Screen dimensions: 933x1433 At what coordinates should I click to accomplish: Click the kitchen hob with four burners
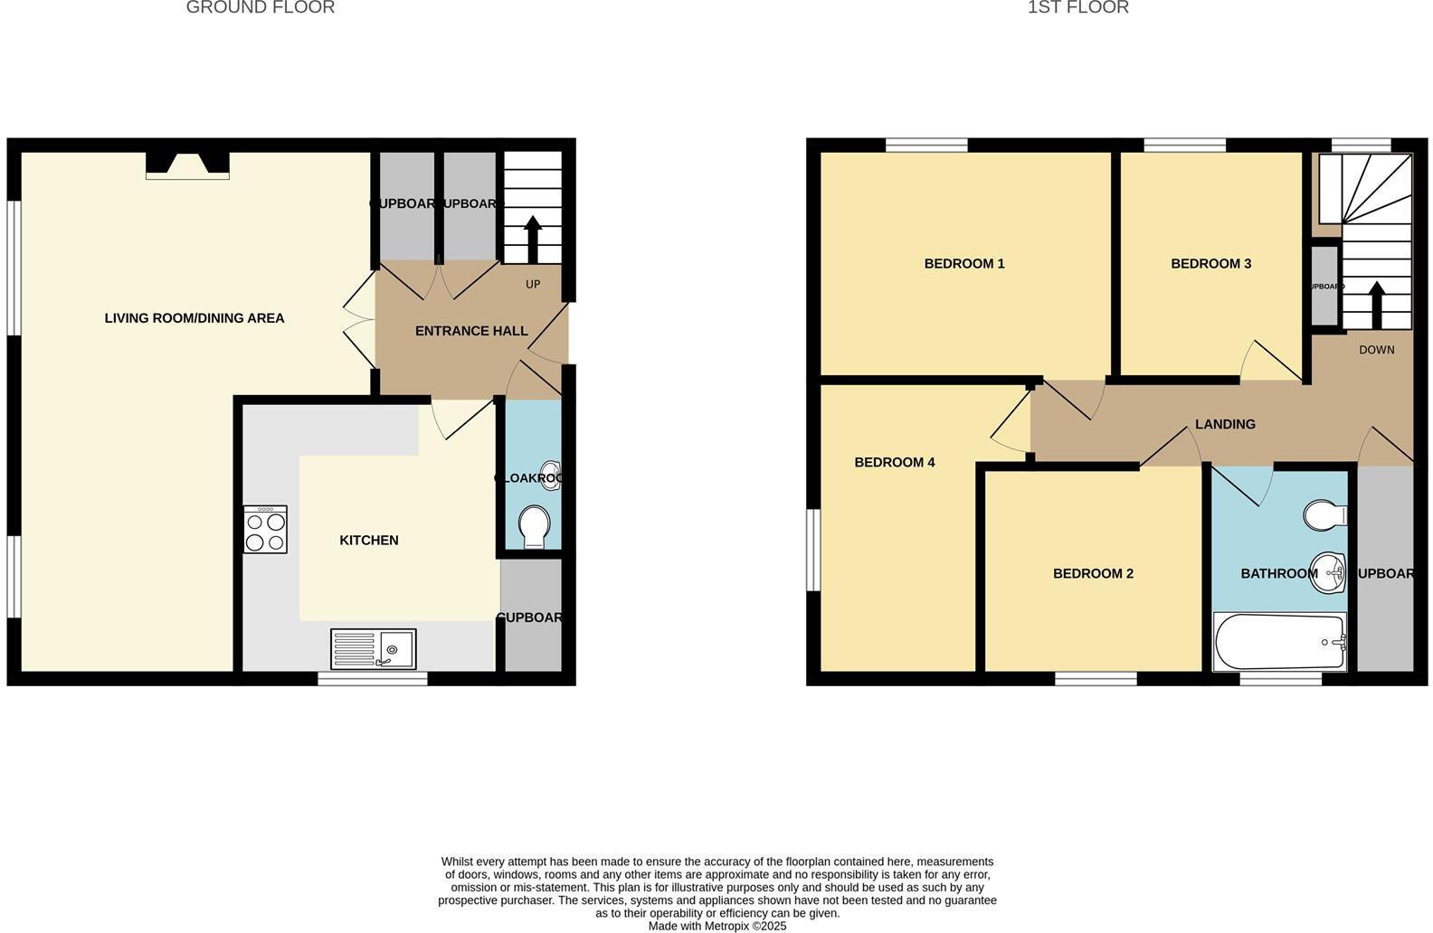coord(265,530)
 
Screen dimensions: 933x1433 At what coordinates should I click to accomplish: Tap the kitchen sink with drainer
coord(374,648)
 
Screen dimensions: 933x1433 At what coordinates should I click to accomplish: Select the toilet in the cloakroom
coord(536,526)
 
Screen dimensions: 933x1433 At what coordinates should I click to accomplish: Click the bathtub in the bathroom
coord(1279,642)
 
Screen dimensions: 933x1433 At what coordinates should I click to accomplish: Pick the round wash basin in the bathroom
coord(1328,572)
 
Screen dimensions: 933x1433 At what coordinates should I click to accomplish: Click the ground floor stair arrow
coord(533,239)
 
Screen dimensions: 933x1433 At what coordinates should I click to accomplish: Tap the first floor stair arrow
coord(1377,305)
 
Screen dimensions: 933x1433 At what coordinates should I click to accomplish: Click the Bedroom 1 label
coord(964,264)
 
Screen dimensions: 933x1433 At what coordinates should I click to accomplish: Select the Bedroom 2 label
coord(1093,574)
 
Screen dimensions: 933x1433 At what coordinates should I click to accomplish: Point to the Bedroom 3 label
coord(1210,264)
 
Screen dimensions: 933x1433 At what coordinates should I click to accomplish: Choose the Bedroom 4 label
coord(895,463)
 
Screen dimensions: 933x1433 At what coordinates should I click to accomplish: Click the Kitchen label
coord(369,541)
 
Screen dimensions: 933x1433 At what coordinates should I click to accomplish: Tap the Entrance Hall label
coord(471,332)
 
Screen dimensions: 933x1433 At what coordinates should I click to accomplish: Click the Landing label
coord(1225,424)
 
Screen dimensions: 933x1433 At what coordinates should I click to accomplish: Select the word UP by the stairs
coord(533,285)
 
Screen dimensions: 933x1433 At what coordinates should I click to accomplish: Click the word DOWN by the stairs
coord(1376,350)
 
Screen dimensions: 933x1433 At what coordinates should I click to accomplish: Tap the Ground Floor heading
coord(261,8)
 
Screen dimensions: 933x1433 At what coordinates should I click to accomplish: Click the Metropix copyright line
coord(717,926)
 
